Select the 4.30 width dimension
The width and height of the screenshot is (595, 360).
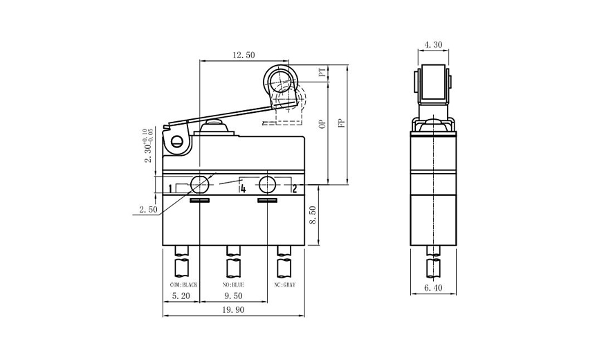[x=433, y=44]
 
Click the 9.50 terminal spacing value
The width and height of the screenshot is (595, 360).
[x=234, y=294]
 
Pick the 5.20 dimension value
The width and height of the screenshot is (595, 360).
[x=181, y=294]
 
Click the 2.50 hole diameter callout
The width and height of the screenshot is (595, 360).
[x=148, y=208]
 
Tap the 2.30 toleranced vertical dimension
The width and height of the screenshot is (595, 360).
[x=147, y=145]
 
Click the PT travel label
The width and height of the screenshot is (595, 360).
[x=322, y=73]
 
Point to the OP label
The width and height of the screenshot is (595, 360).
[x=322, y=124]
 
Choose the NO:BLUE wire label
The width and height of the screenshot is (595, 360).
[x=232, y=285]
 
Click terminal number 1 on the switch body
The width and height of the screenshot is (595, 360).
[x=170, y=189]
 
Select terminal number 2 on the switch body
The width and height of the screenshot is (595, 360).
[x=294, y=188]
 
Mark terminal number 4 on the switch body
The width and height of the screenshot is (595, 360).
[x=243, y=188]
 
